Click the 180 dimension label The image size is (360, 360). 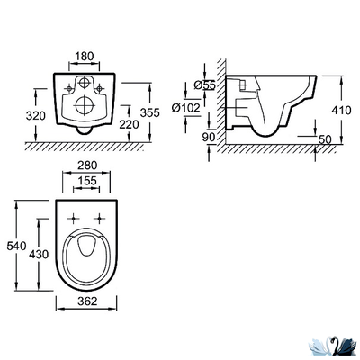tap(84, 57)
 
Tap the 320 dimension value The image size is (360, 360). tap(35, 115)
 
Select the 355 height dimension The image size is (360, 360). tap(150, 112)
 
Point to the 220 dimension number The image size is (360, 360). tap(130, 124)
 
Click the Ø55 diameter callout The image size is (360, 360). tap(204, 85)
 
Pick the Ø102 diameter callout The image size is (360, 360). tap(186, 108)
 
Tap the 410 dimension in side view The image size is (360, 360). tap(341, 111)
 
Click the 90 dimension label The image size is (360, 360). tap(209, 137)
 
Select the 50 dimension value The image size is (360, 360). tap(325, 139)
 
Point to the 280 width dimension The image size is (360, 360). tap(87, 166)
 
